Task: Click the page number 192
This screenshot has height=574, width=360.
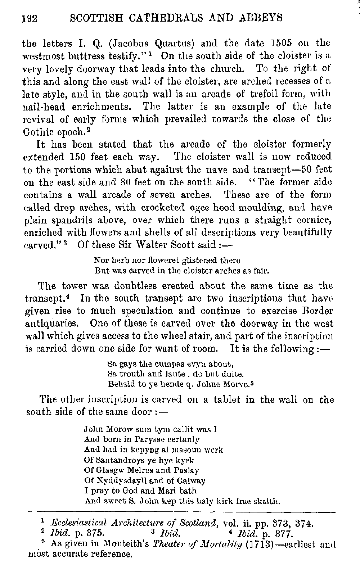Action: tap(30, 18)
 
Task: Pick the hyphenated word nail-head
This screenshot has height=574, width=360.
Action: tap(48, 107)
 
